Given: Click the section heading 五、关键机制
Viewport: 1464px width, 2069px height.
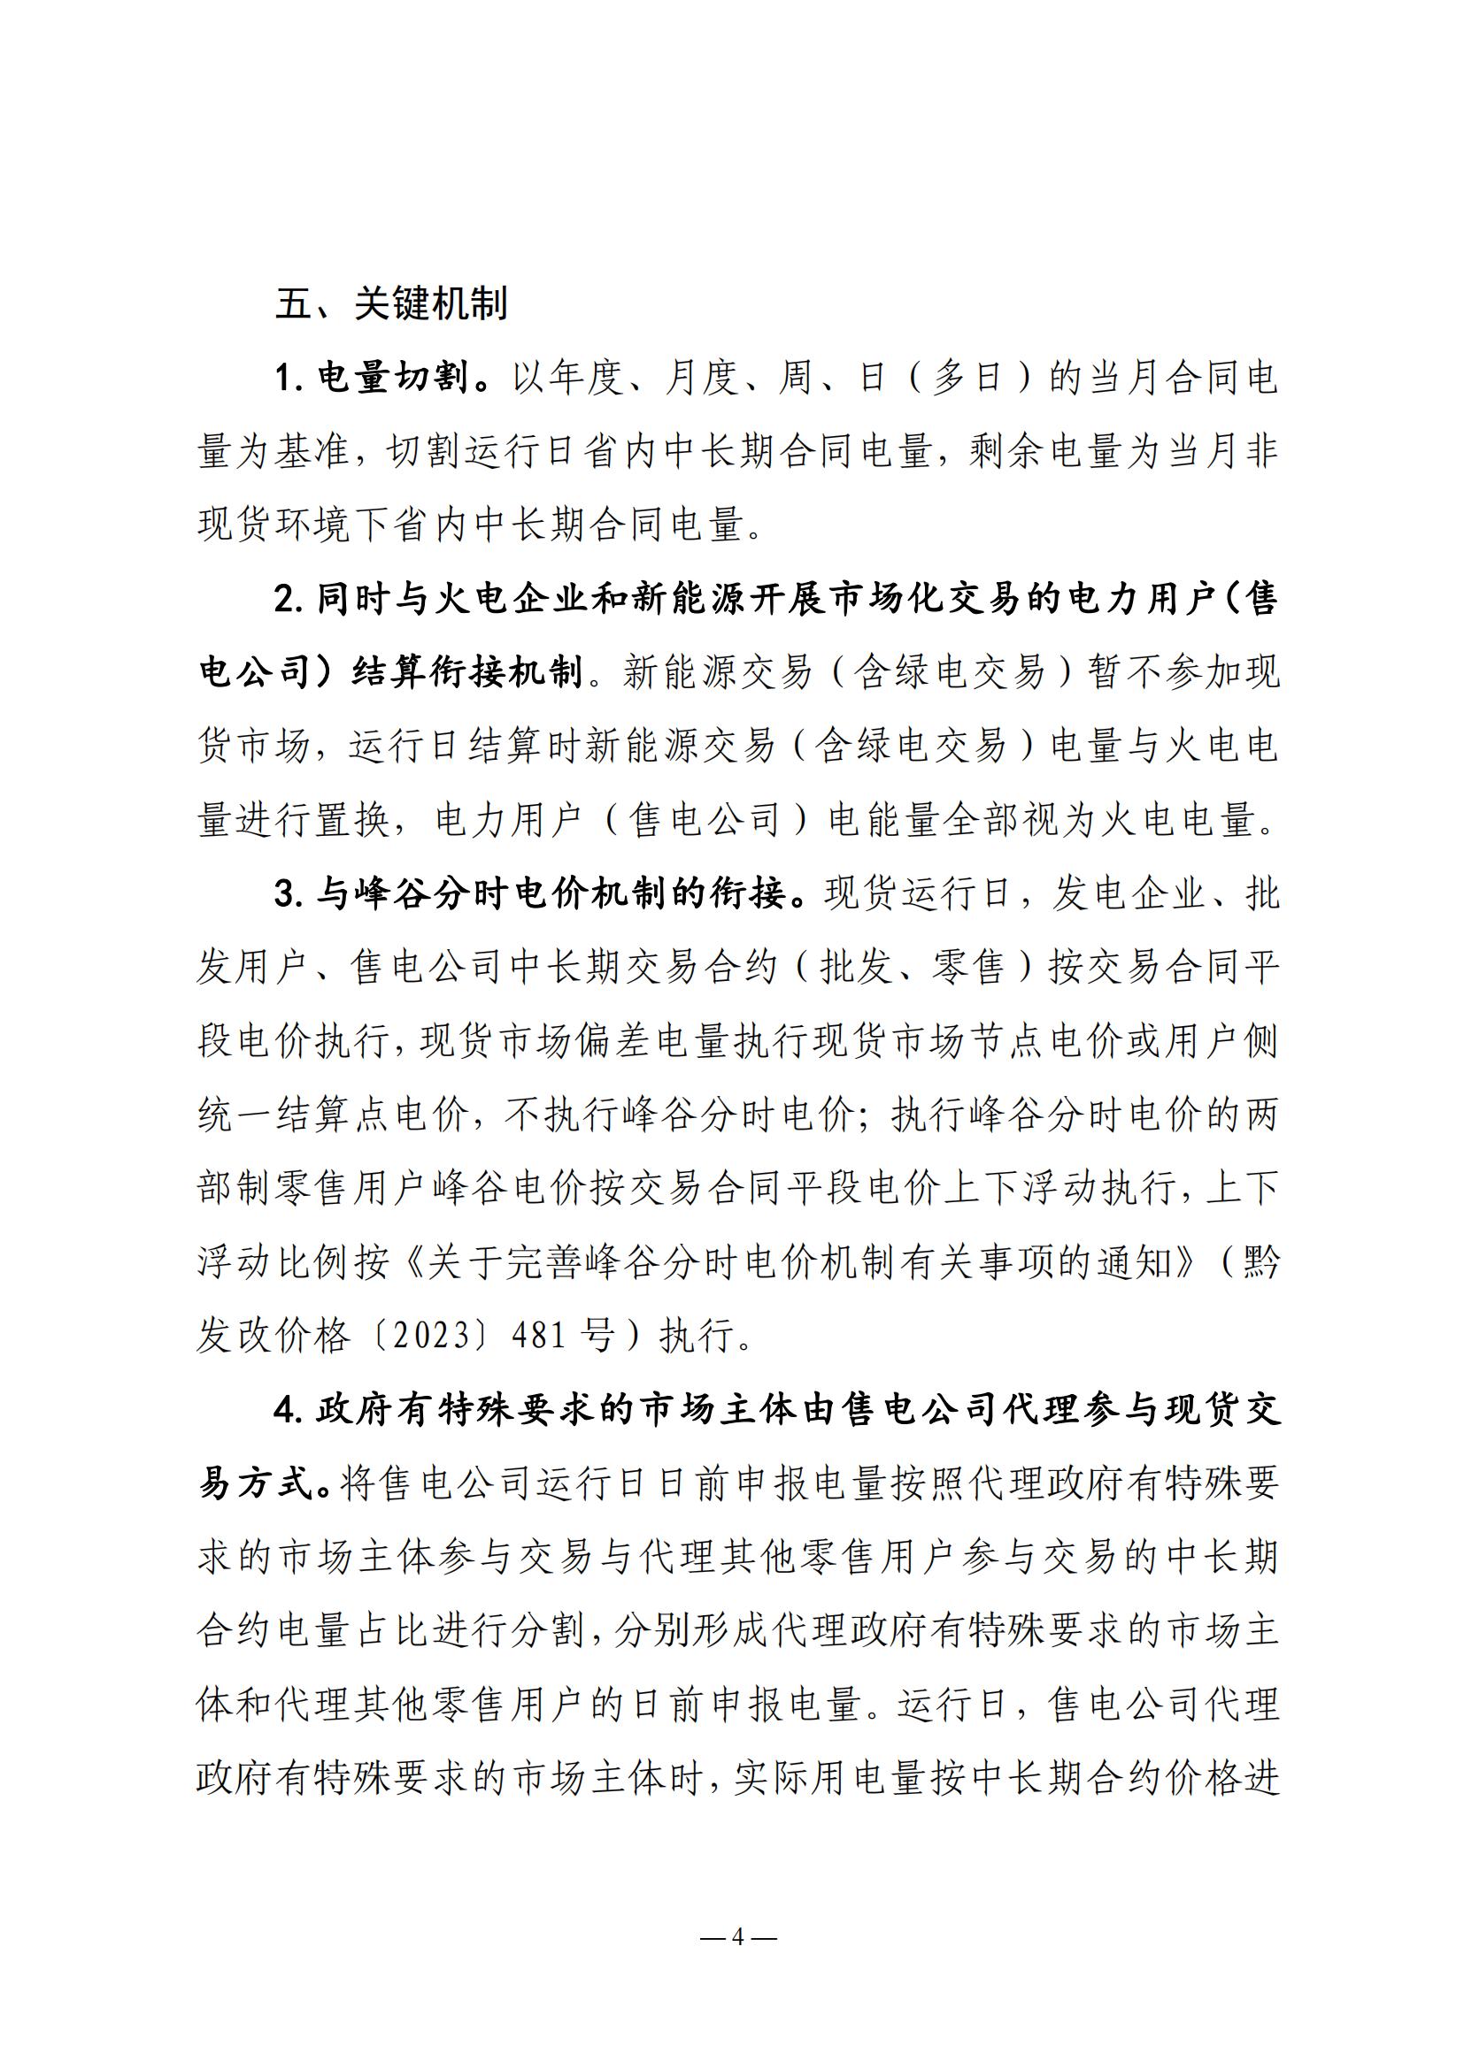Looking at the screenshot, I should [x=391, y=304].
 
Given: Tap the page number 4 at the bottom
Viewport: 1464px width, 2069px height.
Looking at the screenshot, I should [x=737, y=1937].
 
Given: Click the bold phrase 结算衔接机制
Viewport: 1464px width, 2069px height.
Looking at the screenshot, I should [x=467, y=674].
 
